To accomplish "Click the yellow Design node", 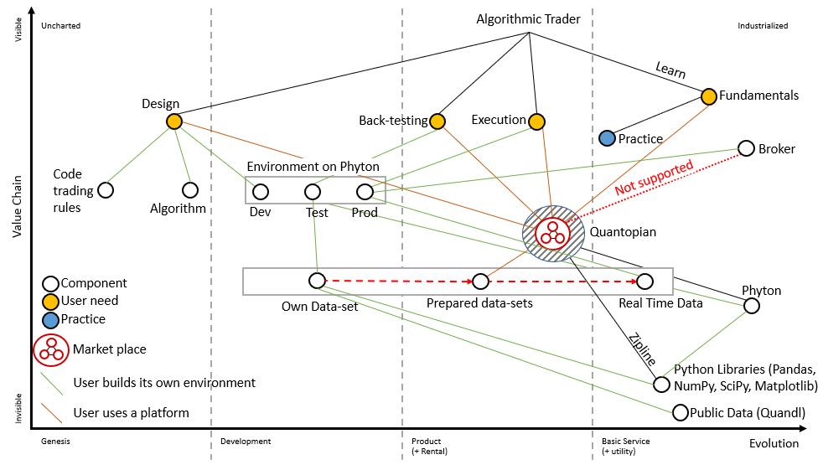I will point(173,121).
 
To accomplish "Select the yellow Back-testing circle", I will point(437,121).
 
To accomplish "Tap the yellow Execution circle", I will point(536,121).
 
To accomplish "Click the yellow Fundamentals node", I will point(708,96).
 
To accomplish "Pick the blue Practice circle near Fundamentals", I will point(608,137).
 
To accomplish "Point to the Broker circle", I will point(746,148).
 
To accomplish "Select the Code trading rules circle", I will point(106,190).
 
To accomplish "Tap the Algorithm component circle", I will point(190,190).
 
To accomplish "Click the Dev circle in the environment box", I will point(261,192).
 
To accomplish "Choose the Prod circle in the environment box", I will point(365,192).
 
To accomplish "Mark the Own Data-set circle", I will point(317,281).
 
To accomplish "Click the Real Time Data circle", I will point(644,281).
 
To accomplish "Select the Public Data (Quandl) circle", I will point(681,412).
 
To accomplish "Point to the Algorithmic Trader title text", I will point(528,18).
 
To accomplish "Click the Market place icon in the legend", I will point(51,349).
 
